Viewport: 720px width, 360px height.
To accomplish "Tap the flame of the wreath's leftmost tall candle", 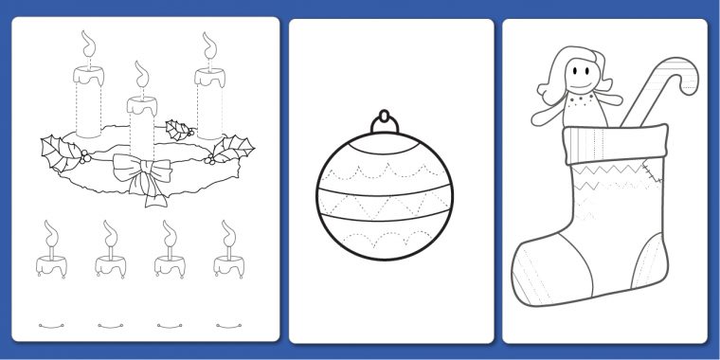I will point(87,44).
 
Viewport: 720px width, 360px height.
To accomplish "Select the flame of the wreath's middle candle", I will point(142,74).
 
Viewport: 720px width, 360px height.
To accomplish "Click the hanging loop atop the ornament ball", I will point(385,120).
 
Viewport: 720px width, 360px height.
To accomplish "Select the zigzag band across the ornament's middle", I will point(385,205).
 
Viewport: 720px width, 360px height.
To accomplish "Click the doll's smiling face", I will point(579,74).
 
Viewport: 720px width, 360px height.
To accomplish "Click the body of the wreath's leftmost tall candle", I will point(87,99).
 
